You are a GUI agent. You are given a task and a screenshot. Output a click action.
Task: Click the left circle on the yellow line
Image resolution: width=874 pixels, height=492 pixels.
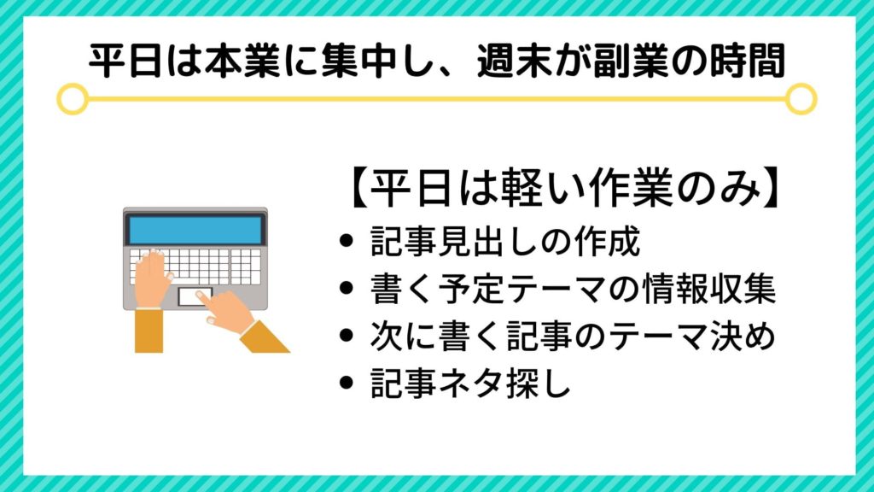point(72,99)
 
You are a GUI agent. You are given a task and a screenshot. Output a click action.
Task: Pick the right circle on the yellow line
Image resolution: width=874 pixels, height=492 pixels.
point(801,99)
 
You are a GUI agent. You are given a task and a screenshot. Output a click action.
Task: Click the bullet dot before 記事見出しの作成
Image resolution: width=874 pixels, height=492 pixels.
point(347,241)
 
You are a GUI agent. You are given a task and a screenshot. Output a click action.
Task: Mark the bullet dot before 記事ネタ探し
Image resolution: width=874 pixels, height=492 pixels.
point(347,383)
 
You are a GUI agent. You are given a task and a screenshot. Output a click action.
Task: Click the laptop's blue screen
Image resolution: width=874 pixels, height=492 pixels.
point(195,229)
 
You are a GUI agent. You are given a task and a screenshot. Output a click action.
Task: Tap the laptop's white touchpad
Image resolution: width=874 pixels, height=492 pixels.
point(195,296)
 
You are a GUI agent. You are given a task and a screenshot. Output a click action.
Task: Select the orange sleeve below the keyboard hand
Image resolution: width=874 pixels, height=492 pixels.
point(149,331)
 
